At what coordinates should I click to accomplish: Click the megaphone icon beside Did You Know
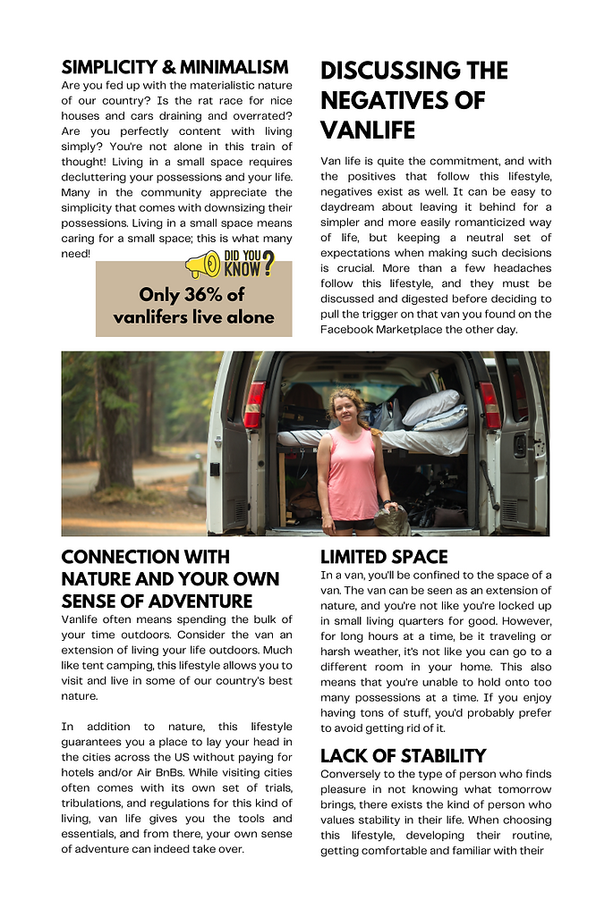click(202, 265)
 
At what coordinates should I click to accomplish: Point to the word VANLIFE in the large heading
click(368, 130)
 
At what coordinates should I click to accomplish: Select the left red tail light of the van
click(255, 404)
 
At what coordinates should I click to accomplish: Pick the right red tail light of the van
click(490, 405)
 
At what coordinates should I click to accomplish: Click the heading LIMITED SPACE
click(384, 557)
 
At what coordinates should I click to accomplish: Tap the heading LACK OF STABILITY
click(403, 755)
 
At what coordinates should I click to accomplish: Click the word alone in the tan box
click(251, 317)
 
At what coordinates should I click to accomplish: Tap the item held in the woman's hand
click(391, 518)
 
